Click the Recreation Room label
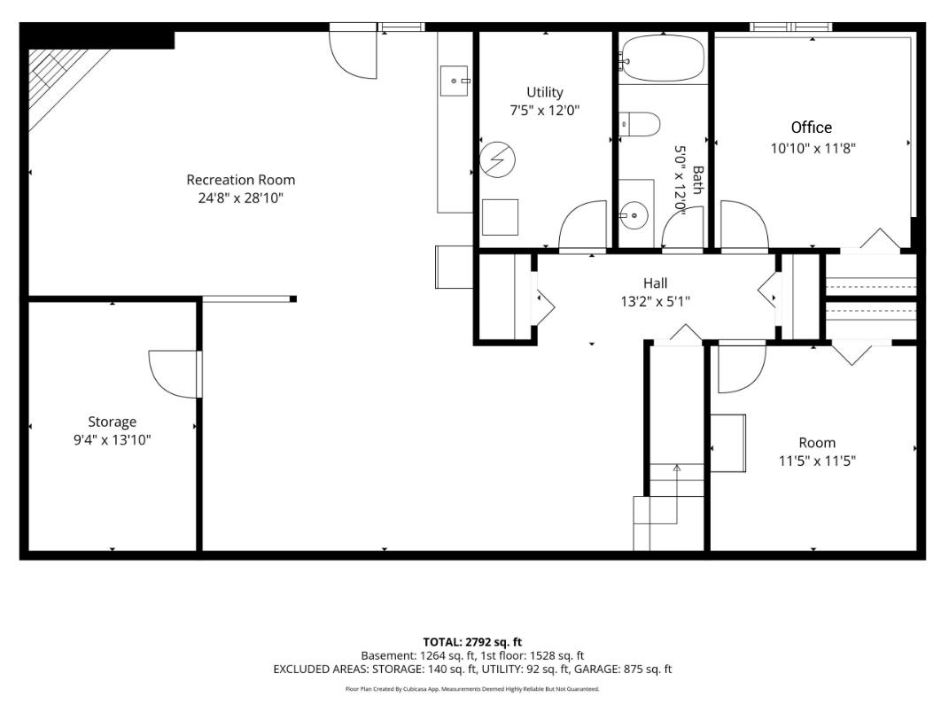click(241, 180)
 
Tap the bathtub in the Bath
click(662, 58)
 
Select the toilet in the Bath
click(640, 124)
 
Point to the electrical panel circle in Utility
click(497, 159)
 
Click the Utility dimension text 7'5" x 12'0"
click(545, 111)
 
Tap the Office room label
click(812, 128)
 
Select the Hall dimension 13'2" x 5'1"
click(656, 301)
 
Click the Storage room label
click(113, 422)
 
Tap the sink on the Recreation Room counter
click(455, 81)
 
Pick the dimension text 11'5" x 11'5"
click(817, 461)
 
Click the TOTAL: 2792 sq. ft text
click(472, 642)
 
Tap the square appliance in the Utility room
click(500, 217)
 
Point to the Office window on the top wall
click(791, 27)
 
